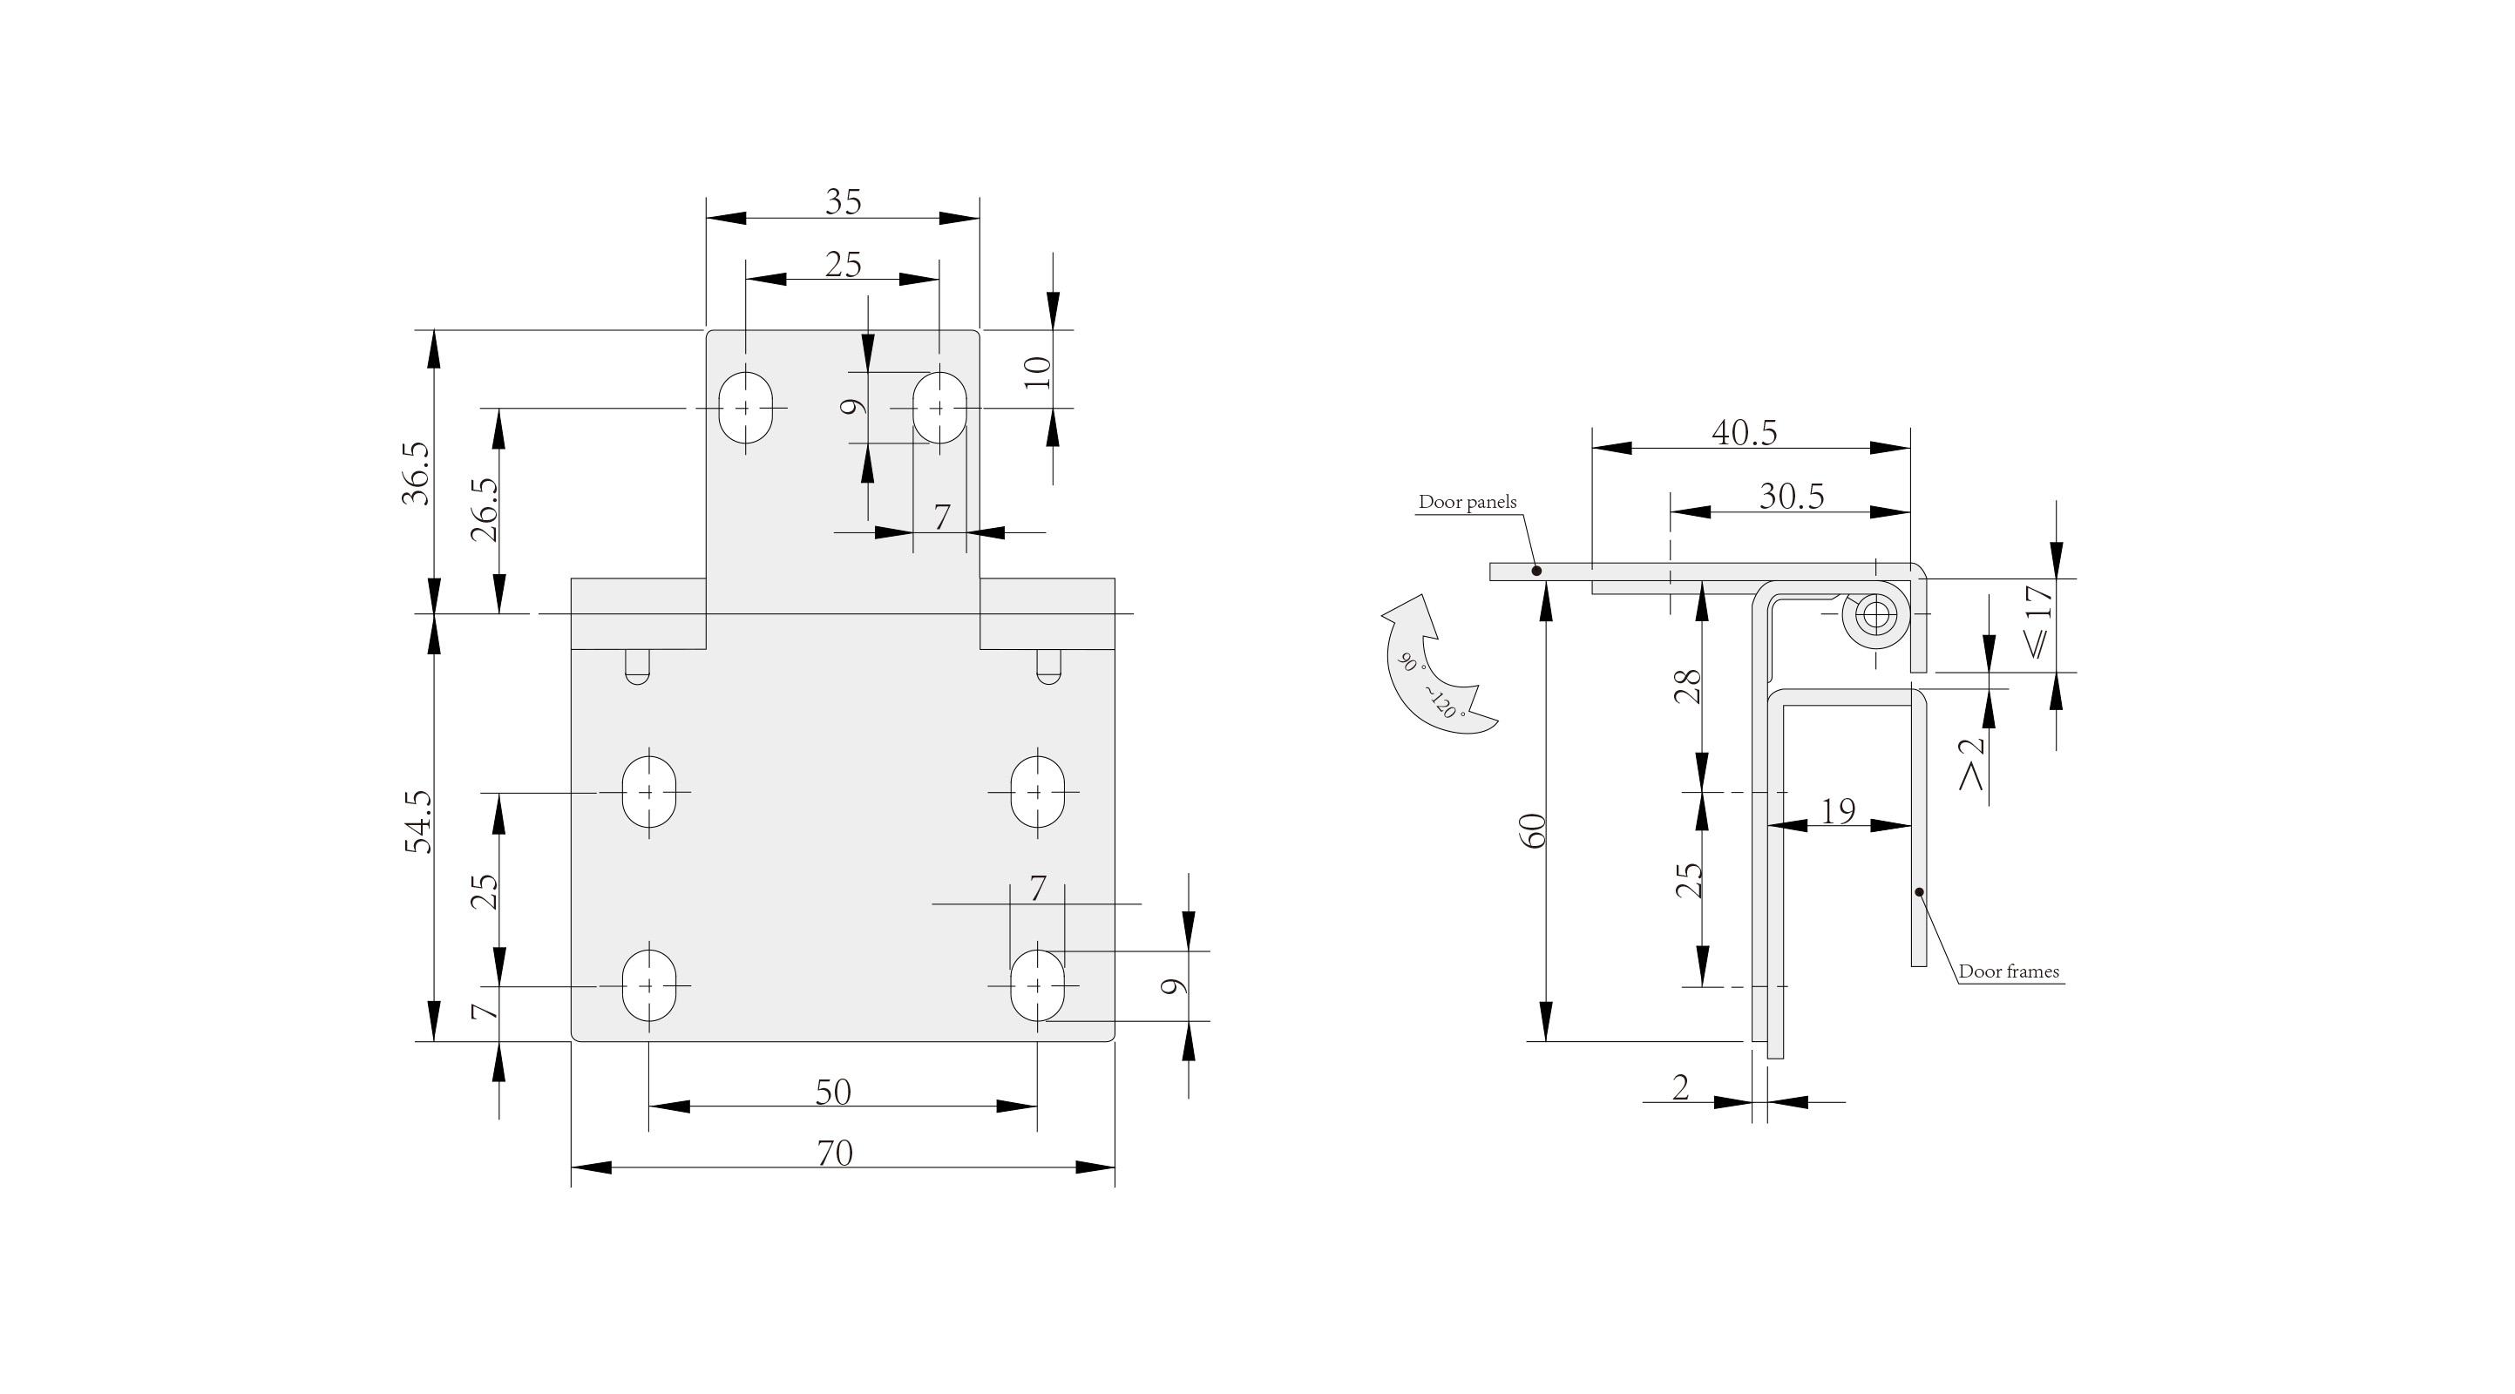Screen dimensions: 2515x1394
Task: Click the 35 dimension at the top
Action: coord(844,202)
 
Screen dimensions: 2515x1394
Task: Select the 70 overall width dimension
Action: coord(835,1154)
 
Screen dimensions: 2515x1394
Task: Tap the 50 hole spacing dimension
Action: coord(833,1093)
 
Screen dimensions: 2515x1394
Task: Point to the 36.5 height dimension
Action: coord(415,473)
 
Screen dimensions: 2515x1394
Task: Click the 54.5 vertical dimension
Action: coord(418,822)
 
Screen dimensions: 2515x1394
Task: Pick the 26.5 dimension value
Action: coord(485,510)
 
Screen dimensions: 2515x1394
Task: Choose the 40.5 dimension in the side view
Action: coord(1745,432)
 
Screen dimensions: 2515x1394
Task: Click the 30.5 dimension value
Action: coord(1792,497)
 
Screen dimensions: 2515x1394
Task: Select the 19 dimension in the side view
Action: coord(1839,810)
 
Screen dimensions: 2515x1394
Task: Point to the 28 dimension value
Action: coord(1688,686)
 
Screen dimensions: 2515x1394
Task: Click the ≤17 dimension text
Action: coord(2038,621)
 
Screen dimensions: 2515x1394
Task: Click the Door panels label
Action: coord(1468,502)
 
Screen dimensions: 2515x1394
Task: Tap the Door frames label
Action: coord(2010,971)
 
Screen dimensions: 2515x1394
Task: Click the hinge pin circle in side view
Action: coord(1874,616)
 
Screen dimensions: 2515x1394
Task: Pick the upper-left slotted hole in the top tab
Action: coord(746,407)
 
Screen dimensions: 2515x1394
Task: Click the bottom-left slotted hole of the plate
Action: coord(649,985)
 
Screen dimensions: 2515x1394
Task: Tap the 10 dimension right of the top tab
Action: coord(1038,372)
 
